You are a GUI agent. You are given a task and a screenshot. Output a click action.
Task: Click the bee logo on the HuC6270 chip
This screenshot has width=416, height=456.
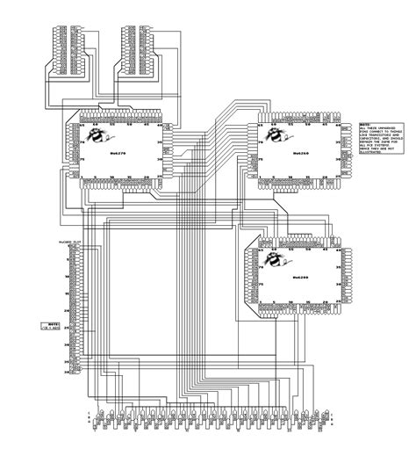point(104,135)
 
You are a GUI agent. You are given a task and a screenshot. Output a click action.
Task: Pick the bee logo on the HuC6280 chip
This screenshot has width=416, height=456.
point(271,260)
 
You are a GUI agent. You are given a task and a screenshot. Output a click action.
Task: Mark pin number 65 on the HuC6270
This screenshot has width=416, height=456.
point(84,126)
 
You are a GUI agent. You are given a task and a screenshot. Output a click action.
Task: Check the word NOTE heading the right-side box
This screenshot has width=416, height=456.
point(365,125)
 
